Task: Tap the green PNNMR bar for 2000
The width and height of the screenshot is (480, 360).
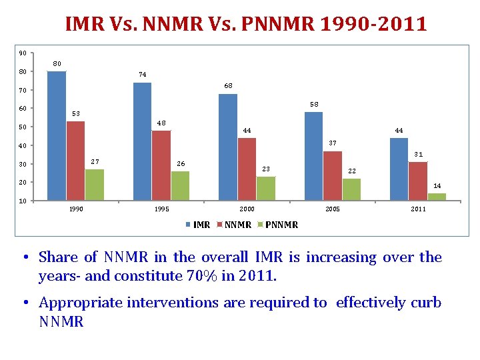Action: tap(266, 188)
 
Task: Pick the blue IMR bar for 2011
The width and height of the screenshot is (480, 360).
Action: tap(399, 169)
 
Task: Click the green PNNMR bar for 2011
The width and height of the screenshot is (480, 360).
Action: tap(437, 197)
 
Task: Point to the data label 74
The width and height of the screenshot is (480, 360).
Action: tap(143, 74)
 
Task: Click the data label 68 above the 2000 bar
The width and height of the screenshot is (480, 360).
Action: tap(228, 85)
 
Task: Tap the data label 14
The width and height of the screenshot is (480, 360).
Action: tap(437, 185)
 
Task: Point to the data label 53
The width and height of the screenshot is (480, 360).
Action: tap(75, 113)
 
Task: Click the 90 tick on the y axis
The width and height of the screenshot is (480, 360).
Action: tap(23, 53)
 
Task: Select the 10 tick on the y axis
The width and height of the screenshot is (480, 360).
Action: tap(23, 201)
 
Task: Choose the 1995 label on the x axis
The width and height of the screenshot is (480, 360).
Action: tap(161, 209)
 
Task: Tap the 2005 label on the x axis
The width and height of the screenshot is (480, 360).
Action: tap(333, 209)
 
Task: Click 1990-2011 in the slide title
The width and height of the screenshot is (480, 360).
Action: tap(374, 25)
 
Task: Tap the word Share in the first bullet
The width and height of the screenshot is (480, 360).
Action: tap(57, 257)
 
